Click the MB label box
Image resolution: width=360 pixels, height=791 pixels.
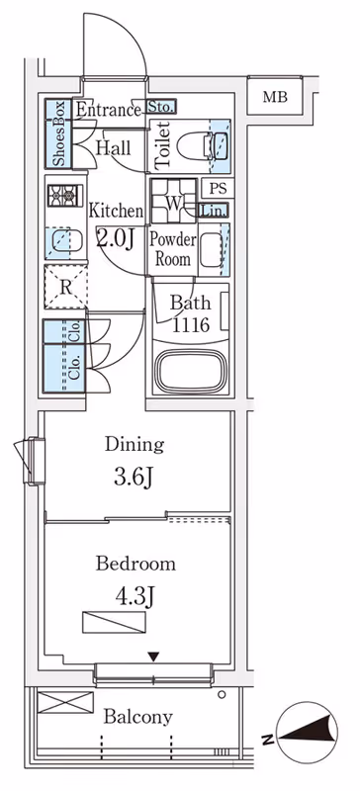(x=275, y=97)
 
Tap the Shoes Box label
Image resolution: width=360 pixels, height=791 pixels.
(x=59, y=133)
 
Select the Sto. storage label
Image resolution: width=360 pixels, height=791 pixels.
(x=161, y=107)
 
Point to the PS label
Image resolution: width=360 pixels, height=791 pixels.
(x=219, y=188)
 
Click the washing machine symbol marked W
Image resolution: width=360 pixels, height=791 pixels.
(x=174, y=201)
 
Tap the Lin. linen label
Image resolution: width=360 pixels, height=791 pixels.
(x=214, y=211)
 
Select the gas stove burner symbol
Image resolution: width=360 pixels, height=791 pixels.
(x=64, y=195)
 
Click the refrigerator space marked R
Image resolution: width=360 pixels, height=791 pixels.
(x=65, y=287)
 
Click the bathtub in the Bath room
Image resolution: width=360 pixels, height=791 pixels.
(x=191, y=372)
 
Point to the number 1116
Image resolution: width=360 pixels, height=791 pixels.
(x=191, y=325)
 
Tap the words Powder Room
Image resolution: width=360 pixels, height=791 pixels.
(x=172, y=249)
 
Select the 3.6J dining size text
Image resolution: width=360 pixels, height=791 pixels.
(x=134, y=478)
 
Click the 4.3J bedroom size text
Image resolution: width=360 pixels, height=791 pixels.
(x=135, y=596)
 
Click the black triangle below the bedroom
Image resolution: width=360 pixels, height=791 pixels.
(x=153, y=658)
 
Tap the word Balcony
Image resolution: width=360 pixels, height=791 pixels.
(x=137, y=717)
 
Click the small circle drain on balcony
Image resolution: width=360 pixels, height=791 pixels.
(x=222, y=695)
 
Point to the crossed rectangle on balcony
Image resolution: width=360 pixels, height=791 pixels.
(x=65, y=702)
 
